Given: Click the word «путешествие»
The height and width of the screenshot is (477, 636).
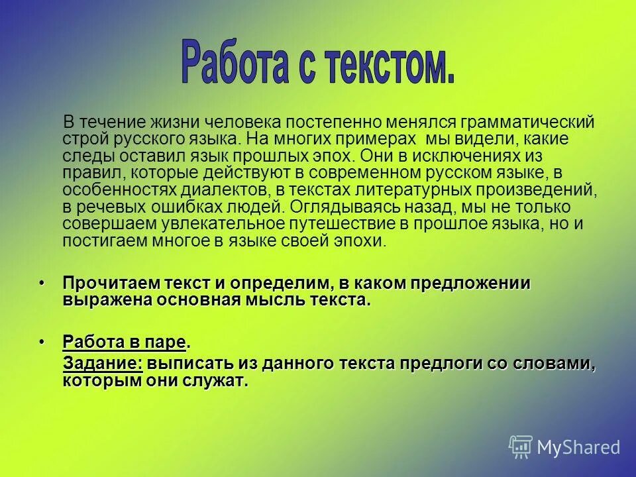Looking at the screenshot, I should (360, 224).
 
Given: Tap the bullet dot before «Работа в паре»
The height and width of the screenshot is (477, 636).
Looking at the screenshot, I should (42, 342).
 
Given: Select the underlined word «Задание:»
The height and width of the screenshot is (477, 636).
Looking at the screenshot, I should (103, 364).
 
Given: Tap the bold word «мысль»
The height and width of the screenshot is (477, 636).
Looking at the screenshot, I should (270, 300).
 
